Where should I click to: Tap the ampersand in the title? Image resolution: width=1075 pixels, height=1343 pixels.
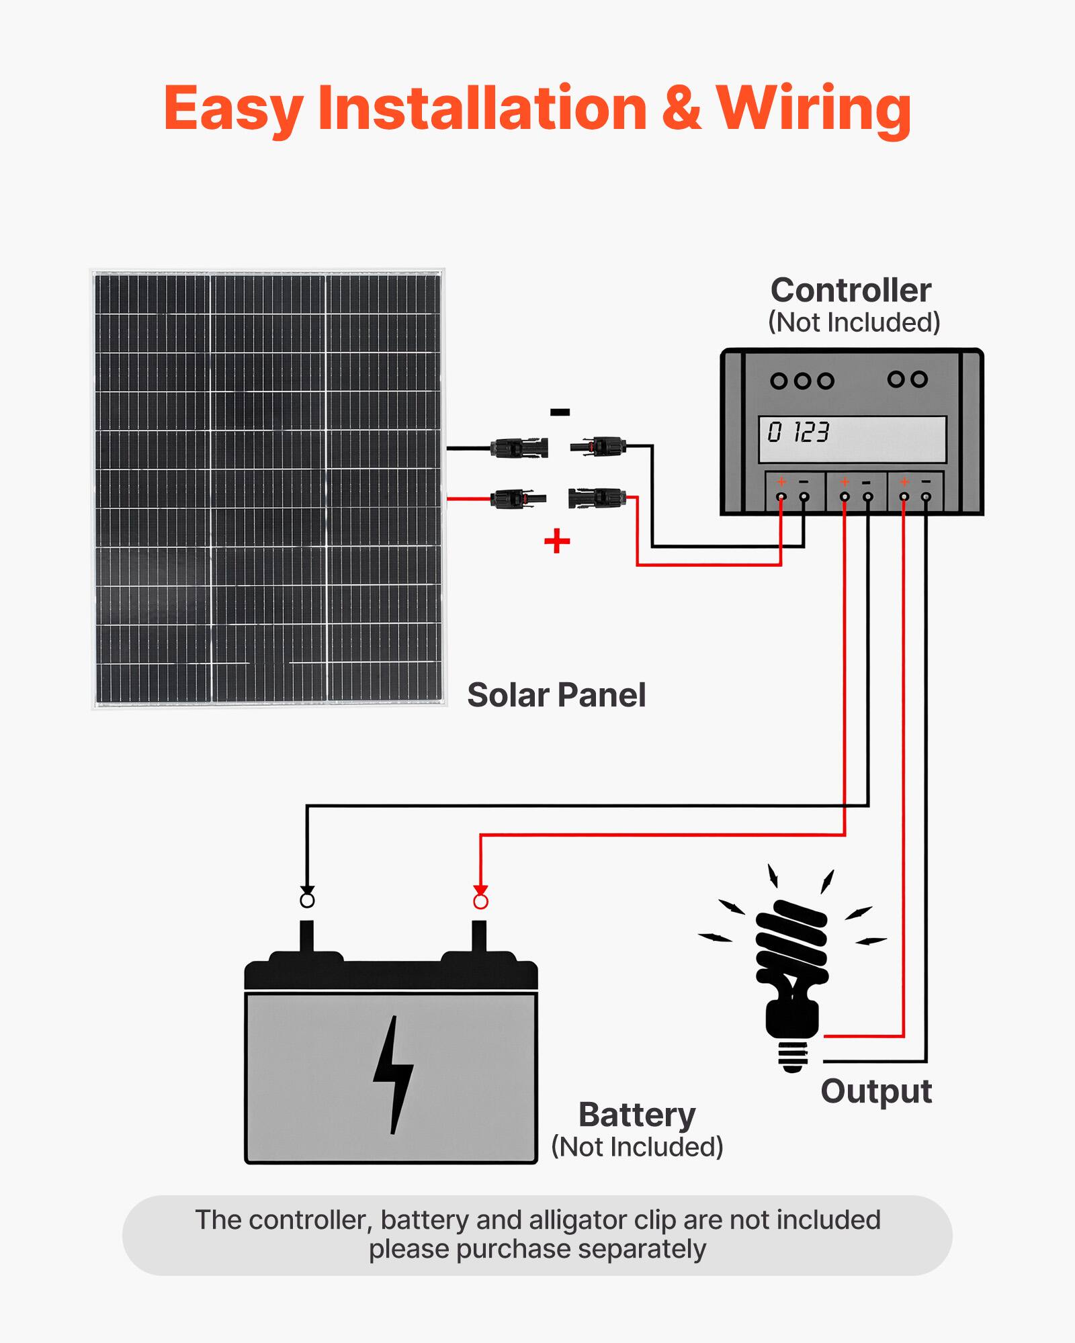[681, 109]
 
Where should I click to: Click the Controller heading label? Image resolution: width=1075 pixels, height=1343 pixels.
[851, 291]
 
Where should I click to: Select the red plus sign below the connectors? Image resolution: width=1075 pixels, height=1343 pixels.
[557, 541]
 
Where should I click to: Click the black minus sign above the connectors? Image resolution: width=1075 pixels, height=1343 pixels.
[560, 412]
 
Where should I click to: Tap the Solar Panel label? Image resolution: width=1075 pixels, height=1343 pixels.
[556, 695]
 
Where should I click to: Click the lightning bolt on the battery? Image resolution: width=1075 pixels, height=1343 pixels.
[393, 1074]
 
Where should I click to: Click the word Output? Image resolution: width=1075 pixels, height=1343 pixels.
[876, 1091]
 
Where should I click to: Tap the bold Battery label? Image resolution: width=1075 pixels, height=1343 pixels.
[637, 1115]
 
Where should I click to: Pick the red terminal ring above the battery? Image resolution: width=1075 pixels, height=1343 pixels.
[480, 901]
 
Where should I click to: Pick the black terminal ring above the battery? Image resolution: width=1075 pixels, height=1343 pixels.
[307, 900]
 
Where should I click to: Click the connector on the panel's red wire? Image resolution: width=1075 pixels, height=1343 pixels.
[518, 499]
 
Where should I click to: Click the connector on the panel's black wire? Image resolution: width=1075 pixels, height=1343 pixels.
[519, 448]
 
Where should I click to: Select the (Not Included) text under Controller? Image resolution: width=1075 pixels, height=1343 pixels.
[853, 323]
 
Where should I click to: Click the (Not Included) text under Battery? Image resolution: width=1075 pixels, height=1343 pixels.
[637, 1147]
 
